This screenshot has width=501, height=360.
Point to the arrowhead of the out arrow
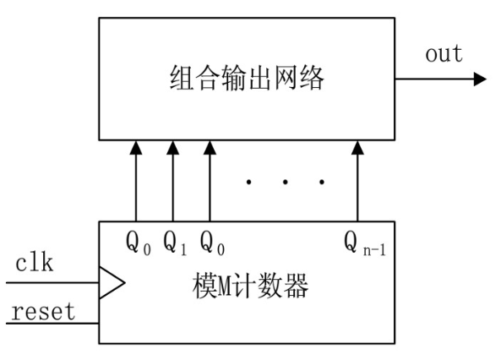coord(479,79)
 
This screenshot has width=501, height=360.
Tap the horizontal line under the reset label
coord(51,323)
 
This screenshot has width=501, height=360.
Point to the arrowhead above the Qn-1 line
coord(357,149)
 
